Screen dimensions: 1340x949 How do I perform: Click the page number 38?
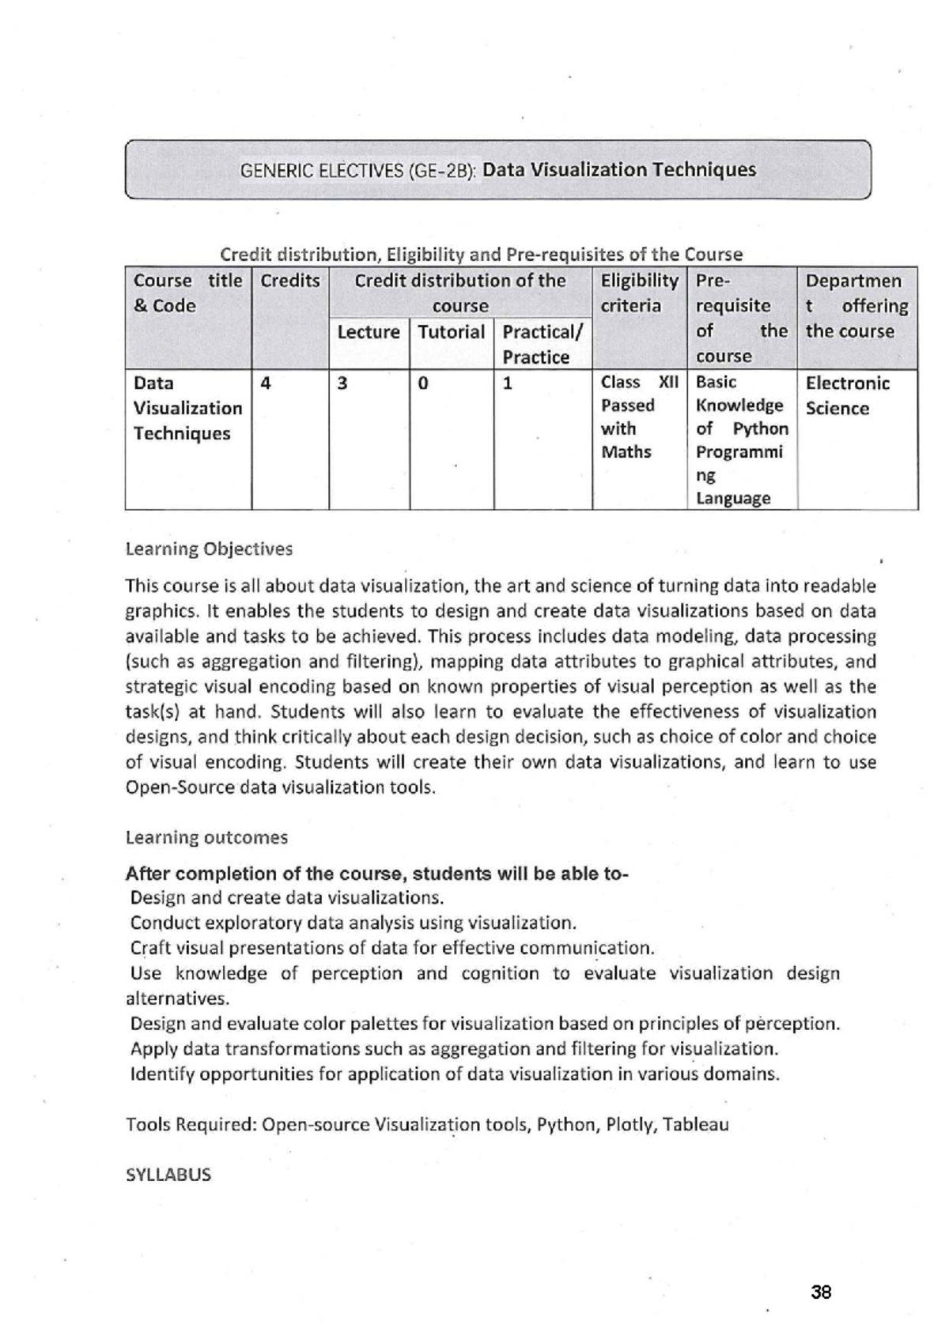click(821, 1293)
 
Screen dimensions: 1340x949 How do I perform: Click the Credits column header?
click(289, 281)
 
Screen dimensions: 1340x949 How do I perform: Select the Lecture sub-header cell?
click(369, 333)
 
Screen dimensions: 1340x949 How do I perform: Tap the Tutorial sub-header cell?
click(451, 333)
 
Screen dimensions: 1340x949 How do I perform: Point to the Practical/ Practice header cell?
click(542, 345)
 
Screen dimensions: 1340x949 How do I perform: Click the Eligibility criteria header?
click(639, 293)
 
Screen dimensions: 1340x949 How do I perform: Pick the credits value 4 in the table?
click(266, 384)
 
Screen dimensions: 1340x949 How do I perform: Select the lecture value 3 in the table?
click(342, 384)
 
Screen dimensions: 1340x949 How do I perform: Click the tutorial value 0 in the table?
click(423, 384)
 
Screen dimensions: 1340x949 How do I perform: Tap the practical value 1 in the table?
click(508, 384)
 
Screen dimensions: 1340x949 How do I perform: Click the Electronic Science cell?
click(846, 396)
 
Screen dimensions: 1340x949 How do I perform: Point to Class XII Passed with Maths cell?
click(638, 417)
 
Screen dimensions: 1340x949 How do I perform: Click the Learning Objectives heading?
click(209, 549)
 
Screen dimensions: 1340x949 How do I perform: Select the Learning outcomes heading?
click(206, 837)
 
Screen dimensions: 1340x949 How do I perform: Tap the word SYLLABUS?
click(168, 1175)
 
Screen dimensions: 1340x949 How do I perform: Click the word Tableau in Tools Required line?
click(696, 1124)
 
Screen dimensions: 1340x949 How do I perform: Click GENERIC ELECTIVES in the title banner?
click(319, 171)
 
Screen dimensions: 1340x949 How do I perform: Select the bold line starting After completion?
click(376, 874)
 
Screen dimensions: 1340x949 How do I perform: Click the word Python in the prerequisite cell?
click(760, 429)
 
